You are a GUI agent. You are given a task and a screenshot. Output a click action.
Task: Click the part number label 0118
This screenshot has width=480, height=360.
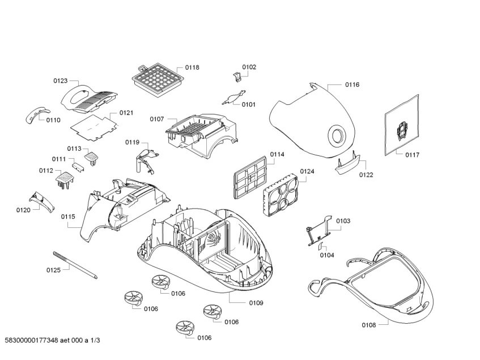tap(192, 67)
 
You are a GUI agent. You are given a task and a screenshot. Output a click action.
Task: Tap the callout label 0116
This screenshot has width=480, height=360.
tap(352, 84)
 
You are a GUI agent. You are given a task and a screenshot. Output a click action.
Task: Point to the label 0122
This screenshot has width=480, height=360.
tap(366, 175)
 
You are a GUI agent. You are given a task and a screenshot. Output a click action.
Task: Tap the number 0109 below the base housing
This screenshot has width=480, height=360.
tap(256, 303)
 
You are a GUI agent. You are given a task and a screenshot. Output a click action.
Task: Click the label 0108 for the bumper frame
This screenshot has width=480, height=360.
tap(368, 325)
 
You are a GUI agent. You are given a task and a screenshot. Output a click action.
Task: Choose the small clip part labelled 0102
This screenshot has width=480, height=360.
tap(237, 76)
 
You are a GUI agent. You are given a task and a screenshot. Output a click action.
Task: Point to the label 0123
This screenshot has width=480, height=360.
tap(61, 81)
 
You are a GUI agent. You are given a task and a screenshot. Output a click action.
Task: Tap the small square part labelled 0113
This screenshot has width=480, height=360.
tap(91, 154)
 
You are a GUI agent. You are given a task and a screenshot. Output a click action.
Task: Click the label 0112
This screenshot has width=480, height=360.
tap(46, 170)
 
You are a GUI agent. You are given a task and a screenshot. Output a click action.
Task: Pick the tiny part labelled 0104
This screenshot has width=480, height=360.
tap(321, 245)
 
